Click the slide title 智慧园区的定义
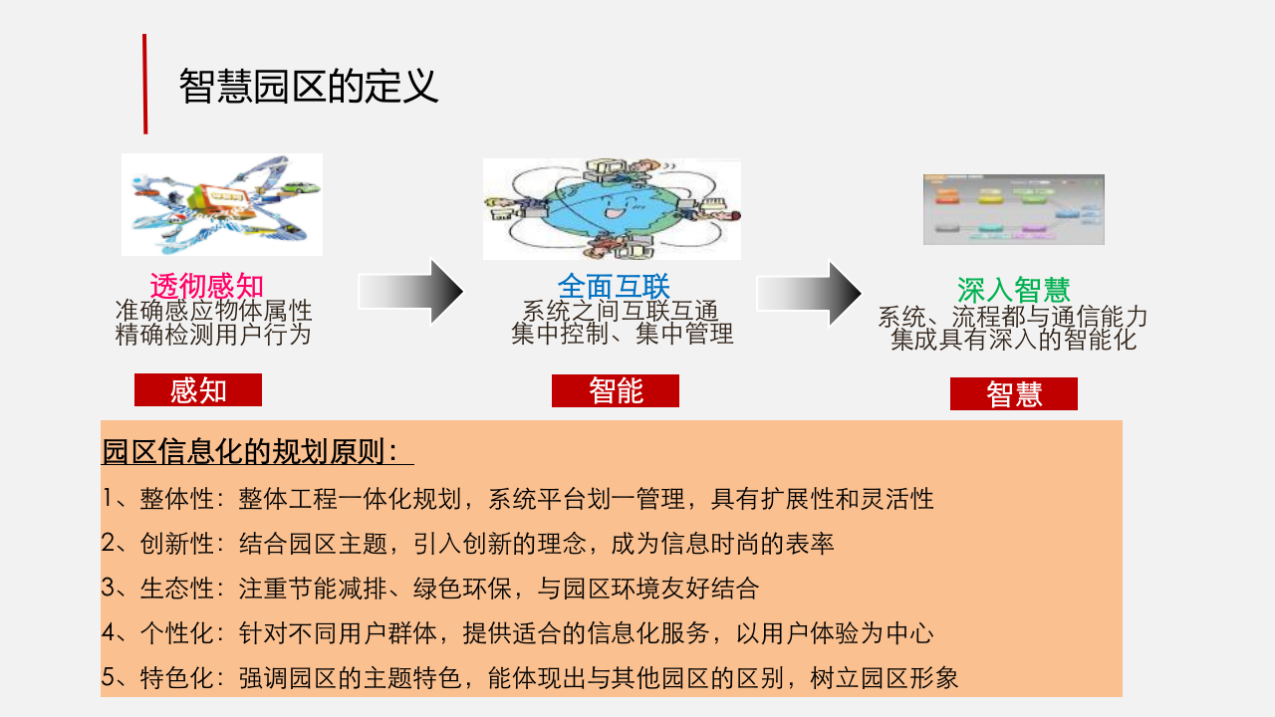pyautogui.click(x=309, y=87)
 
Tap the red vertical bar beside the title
pyautogui.click(x=144, y=84)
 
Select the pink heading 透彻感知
pyautogui.click(x=207, y=286)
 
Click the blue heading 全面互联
pyautogui.click(x=614, y=286)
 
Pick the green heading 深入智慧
pyautogui.click(x=1013, y=290)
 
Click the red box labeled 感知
pyautogui.click(x=198, y=390)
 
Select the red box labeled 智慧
pyautogui.click(x=1014, y=394)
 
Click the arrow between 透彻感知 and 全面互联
pyautogui.click(x=410, y=291)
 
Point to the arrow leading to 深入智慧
pyautogui.click(x=809, y=293)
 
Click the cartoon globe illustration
pyautogui.click(x=612, y=208)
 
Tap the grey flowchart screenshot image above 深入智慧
pyautogui.click(x=1013, y=209)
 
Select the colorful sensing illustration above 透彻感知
pyautogui.click(x=222, y=204)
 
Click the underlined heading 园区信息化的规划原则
pyautogui.click(x=257, y=452)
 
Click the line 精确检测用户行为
pyautogui.click(x=213, y=335)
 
